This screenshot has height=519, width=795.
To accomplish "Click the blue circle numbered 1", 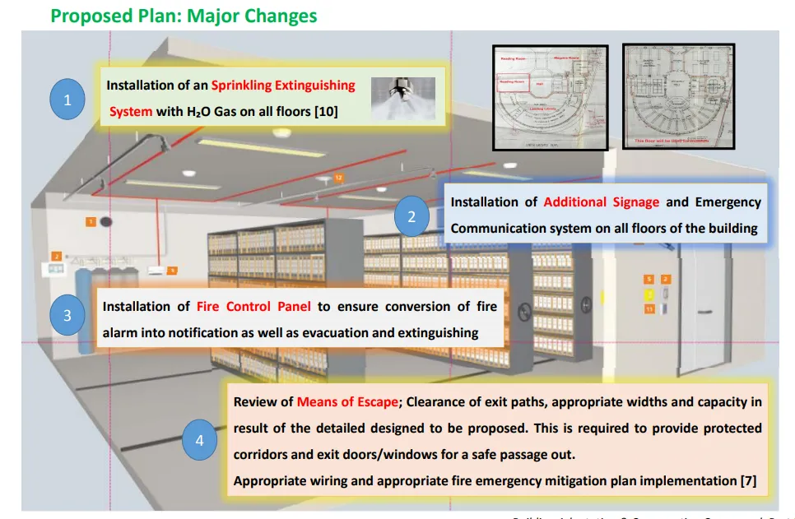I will click(68, 100).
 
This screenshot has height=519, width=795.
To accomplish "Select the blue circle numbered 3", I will click(67, 315).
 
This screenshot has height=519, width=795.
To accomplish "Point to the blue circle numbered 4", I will click(199, 441).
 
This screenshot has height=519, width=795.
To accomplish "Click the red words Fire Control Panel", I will click(253, 307).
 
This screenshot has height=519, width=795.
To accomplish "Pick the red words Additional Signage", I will click(602, 202).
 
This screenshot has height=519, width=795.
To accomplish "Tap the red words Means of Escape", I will click(347, 402).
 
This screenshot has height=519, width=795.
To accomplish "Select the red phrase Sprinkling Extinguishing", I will click(283, 85).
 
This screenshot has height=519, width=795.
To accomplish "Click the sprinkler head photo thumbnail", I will click(402, 99).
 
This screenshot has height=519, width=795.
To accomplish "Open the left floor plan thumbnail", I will click(550, 98).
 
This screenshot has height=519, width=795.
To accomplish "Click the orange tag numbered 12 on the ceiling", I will click(338, 178).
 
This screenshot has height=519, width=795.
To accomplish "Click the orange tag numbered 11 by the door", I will click(649, 308).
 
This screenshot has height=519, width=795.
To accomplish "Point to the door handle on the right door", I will click(703, 310).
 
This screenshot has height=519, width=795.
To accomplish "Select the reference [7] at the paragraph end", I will click(746, 481).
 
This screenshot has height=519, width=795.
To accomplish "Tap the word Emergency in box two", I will click(728, 202).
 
